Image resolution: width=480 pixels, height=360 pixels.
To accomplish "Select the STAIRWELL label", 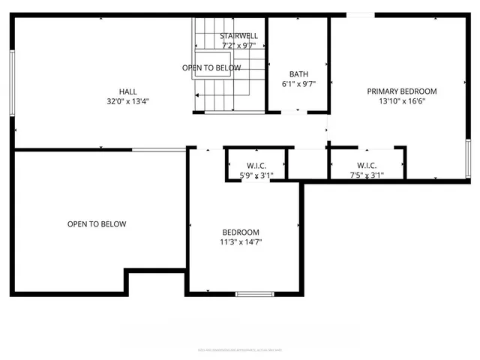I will tap(239, 36).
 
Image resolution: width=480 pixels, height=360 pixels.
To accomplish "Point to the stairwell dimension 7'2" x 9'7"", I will tap(239, 46).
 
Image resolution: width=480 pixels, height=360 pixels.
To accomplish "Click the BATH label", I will tap(298, 74).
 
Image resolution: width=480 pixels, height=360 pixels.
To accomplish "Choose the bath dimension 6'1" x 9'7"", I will tap(298, 84).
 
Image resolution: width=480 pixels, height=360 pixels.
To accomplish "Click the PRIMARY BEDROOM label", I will tap(401, 91).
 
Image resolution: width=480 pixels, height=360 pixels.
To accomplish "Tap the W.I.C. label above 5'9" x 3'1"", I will tap(256, 166).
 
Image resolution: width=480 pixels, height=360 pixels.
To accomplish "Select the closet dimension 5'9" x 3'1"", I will tap(256, 175).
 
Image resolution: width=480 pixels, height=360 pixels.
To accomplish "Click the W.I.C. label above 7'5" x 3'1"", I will tap(367, 166).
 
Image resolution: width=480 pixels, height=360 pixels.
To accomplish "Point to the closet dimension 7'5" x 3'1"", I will tap(367, 175).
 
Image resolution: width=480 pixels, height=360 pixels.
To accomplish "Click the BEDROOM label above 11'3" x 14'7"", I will tap(241, 232).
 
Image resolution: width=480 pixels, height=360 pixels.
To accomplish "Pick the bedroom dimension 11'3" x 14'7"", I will tap(241, 242).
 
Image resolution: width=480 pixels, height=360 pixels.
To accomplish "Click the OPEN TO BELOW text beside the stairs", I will tap(211, 68).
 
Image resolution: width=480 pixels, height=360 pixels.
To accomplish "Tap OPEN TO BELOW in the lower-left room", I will tap(97, 224).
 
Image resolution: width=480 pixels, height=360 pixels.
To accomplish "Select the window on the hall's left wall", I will tap(11, 82).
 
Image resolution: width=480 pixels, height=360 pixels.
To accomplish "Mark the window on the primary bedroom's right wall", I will tap(468, 158).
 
